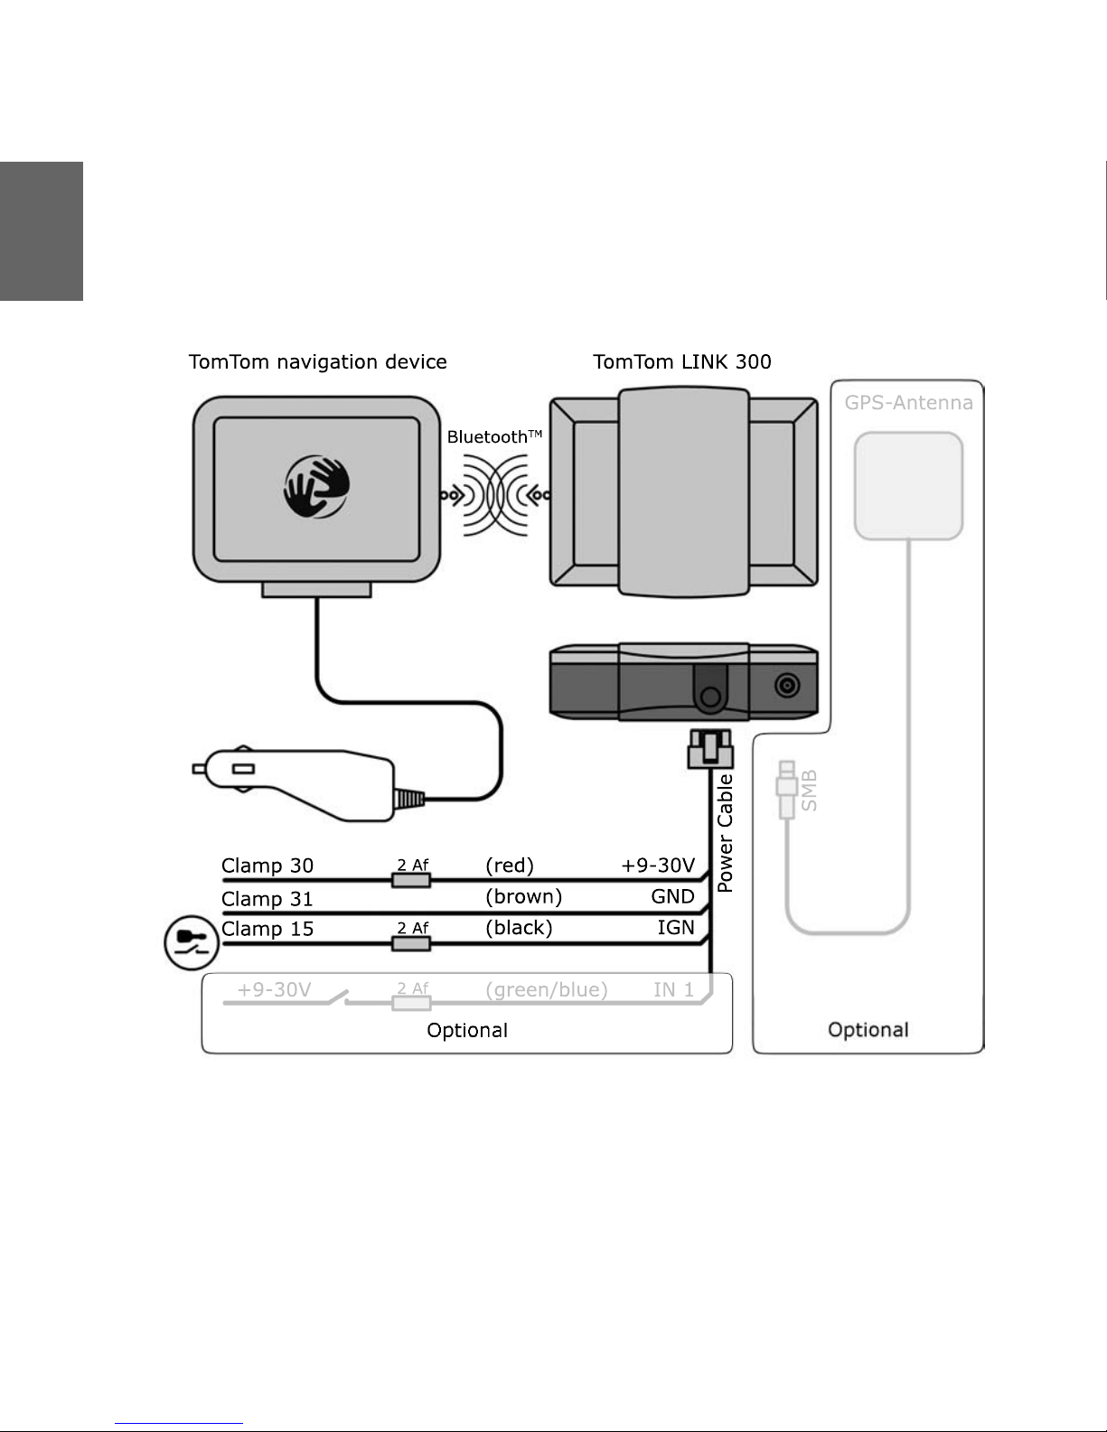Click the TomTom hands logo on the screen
pyautogui.click(x=317, y=486)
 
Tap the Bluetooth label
pyautogui.click(x=494, y=437)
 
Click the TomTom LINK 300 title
pyautogui.click(x=682, y=361)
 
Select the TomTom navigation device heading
pyautogui.click(x=317, y=361)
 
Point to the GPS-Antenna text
pyautogui.click(x=909, y=403)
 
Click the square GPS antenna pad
pyautogui.click(x=909, y=486)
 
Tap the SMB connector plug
pyautogui.click(x=787, y=790)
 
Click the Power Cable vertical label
pyautogui.click(x=725, y=834)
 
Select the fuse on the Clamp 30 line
pyautogui.click(x=411, y=880)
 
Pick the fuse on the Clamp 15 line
pyautogui.click(x=411, y=944)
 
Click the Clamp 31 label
pyautogui.click(x=267, y=899)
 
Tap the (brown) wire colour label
pyautogui.click(x=524, y=896)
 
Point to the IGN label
pyautogui.click(x=675, y=928)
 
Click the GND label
pyautogui.click(x=672, y=896)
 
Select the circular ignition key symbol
pyautogui.click(x=191, y=942)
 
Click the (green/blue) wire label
pyautogui.click(x=546, y=990)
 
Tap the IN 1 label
pyautogui.click(x=673, y=990)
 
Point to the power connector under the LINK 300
pyautogui.click(x=710, y=749)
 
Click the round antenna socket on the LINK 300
pyautogui.click(x=787, y=686)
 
